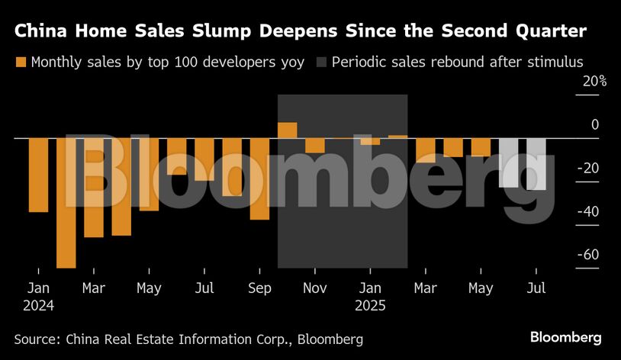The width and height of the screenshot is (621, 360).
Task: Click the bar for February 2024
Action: pos(66,202)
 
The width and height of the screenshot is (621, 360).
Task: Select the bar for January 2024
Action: pos(38,175)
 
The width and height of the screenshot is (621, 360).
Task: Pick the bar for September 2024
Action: pos(259,178)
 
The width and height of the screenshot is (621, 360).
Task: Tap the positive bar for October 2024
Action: pos(288,130)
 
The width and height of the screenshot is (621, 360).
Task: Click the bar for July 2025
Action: pos(536,164)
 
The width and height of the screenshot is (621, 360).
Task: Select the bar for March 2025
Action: pos(426,150)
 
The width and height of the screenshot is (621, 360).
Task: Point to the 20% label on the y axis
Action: pos(592,81)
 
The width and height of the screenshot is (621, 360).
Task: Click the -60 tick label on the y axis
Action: pos(588,255)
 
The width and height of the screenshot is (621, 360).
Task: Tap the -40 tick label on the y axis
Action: pos(588,211)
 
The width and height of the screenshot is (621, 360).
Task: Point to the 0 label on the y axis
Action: pos(595,124)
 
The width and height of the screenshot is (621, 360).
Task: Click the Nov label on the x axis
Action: pos(315,288)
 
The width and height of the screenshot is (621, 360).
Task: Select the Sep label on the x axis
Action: pos(259,288)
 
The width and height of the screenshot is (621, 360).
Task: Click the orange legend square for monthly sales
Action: pos(21,62)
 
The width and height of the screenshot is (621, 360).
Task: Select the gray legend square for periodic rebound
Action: pos(320,62)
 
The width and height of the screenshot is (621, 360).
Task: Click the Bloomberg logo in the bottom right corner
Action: pos(565,337)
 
